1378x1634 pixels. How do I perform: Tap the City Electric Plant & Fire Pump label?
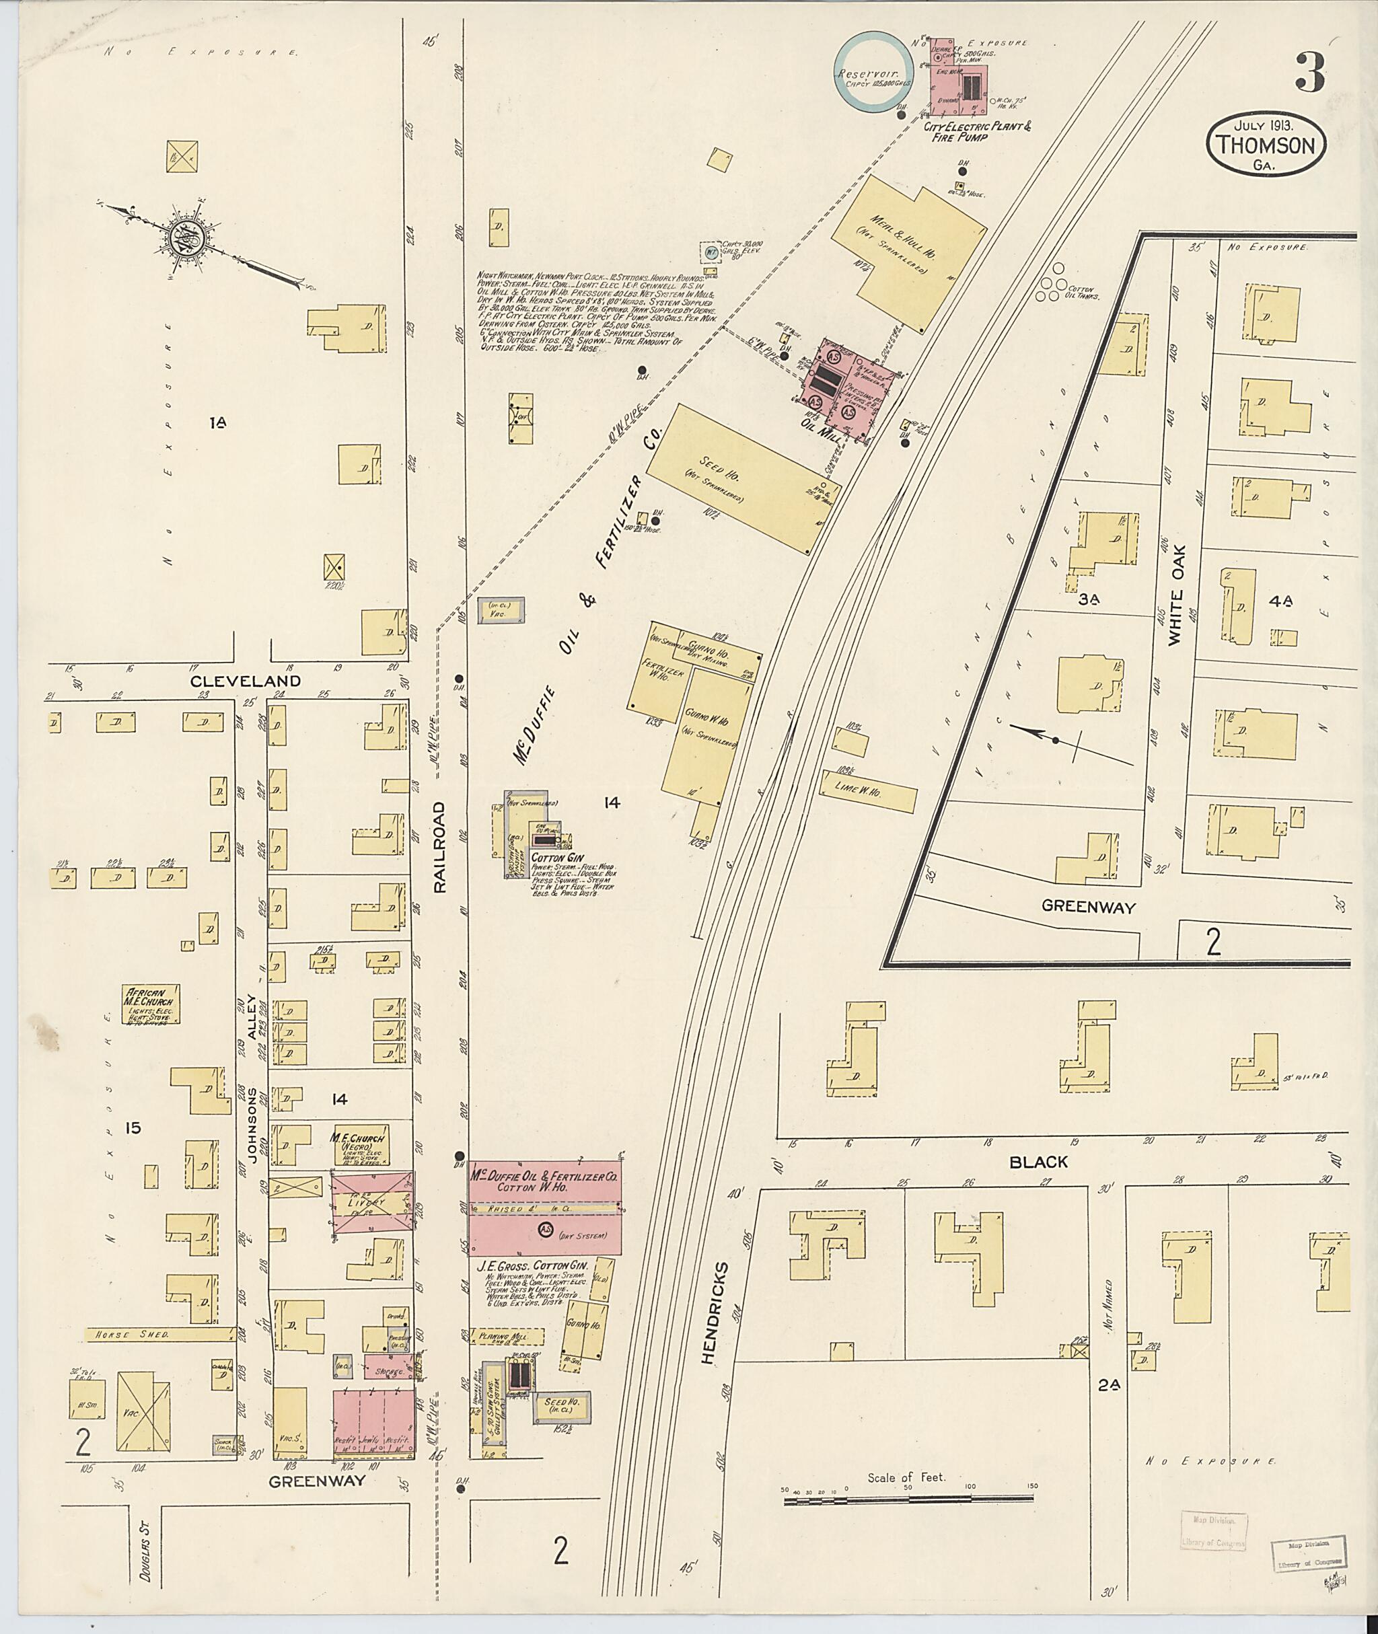tap(976, 131)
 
